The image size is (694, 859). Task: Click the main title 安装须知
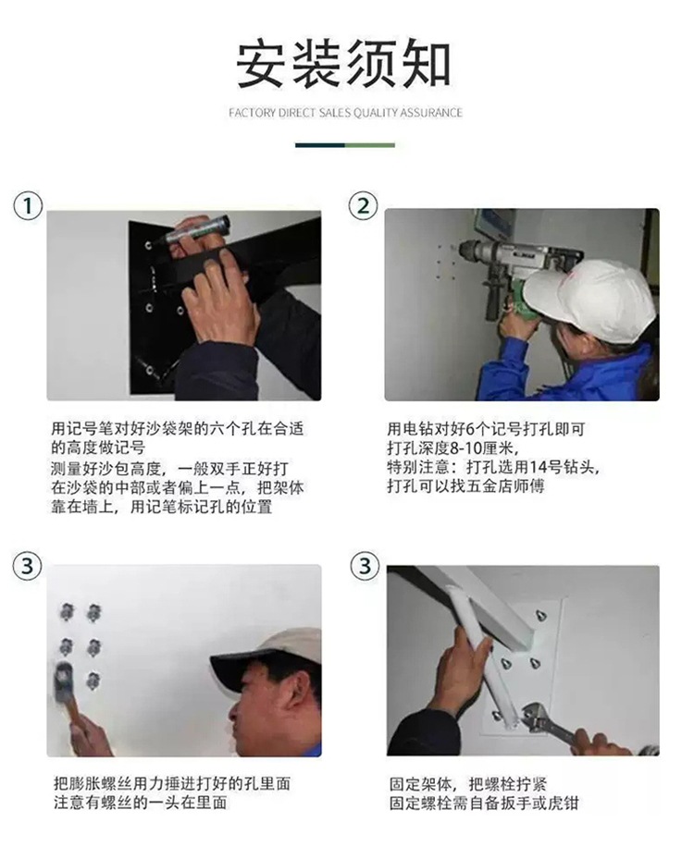[x=343, y=64]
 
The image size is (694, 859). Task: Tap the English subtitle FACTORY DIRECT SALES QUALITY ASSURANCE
[x=345, y=113]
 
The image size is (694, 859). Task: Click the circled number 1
[x=28, y=206]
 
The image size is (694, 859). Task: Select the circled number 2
[x=364, y=206]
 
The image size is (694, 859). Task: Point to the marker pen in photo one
[x=197, y=231]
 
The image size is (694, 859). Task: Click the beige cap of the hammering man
[x=268, y=655]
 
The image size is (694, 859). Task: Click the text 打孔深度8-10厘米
[x=452, y=448]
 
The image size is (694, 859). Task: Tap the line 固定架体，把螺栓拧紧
[x=467, y=784]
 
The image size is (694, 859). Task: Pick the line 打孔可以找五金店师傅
[x=465, y=486]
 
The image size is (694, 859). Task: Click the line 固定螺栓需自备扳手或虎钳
[x=484, y=804]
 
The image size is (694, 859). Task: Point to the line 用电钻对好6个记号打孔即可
[x=486, y=429]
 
